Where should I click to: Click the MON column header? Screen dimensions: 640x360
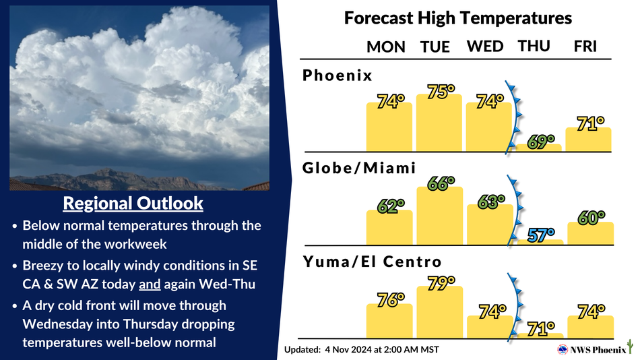[x=386, y=47]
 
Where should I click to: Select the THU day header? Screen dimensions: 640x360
[x=534, y=46]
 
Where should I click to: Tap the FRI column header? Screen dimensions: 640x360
[x=585, y=46]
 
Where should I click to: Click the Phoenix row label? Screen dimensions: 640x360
[x=337, y=76]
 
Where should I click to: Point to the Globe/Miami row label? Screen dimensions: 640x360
[x=359, y=168]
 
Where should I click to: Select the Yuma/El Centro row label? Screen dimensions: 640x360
[x=373, y=262]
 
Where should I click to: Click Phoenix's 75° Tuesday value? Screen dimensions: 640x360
[x=441, y=92]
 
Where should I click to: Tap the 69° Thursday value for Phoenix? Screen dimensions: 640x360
[x=541, y=142]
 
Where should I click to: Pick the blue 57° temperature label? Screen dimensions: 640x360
[x=541, y=235]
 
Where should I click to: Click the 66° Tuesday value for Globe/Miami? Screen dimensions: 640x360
[x=441, y=184]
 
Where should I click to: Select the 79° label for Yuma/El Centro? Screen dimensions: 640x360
[x=441, y=283]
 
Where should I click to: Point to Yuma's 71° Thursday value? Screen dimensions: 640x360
[x=541, y=328]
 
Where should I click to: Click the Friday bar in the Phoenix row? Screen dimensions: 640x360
[x=588, y=140]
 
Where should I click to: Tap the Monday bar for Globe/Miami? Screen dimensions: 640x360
[x=389, y=228]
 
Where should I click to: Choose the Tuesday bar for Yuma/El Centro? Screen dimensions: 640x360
[x=440, y=312]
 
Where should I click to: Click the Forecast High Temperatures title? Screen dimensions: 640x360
[x=458, y=18]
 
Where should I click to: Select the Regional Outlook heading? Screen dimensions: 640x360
[x=133, y=203]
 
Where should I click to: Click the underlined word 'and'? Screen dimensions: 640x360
[x=150, y=284]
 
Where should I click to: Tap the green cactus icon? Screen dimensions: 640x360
[x=631, y=347]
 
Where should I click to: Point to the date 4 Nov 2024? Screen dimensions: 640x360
[x=348, y=350]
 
